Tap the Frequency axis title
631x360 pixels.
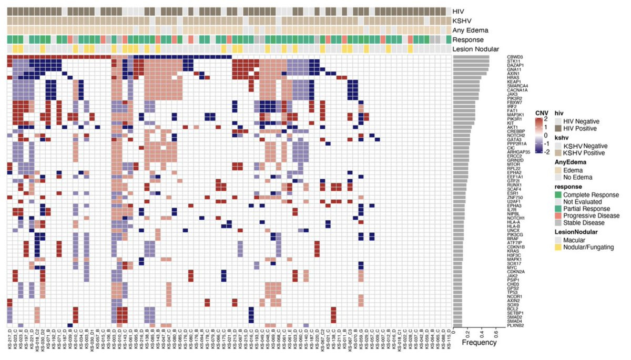coord(479,343)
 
